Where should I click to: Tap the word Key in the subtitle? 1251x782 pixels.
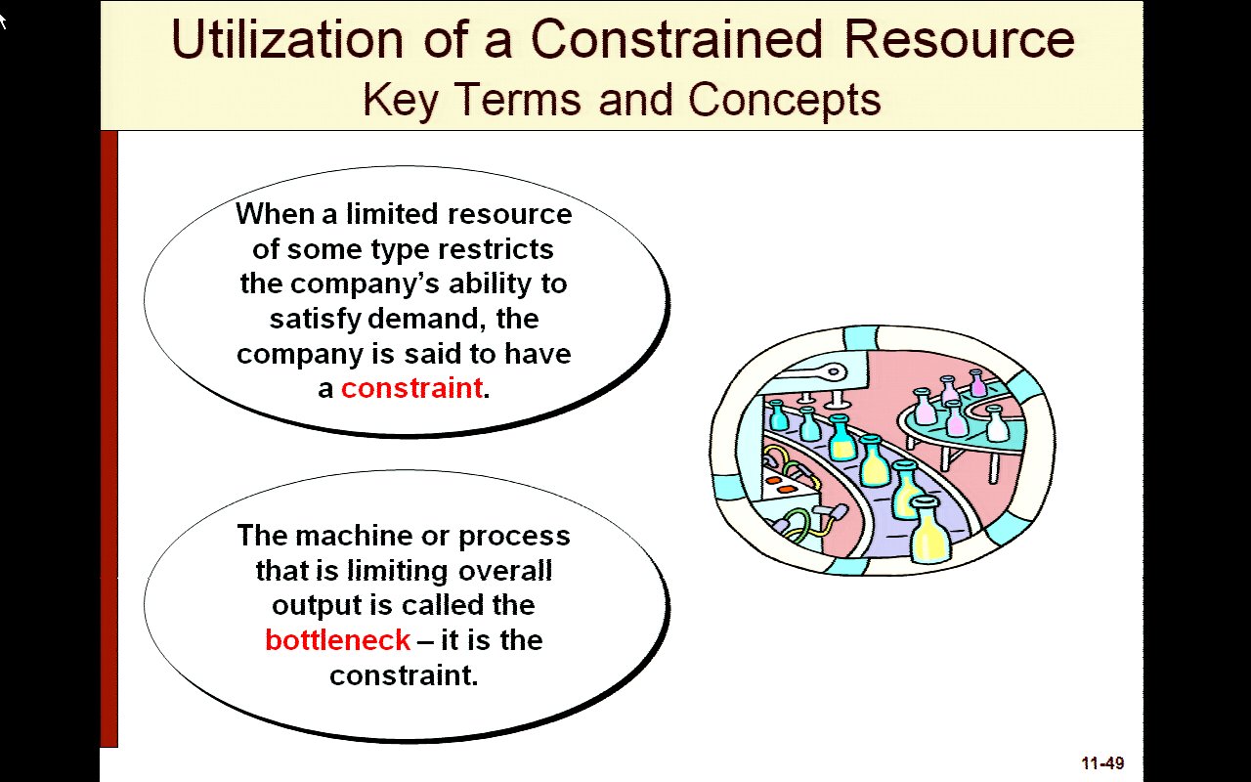coord(400,100)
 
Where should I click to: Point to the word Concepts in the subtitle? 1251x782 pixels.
coord(784,100)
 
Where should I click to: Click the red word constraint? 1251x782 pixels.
coord(411,388)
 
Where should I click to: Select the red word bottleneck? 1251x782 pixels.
coord(338,640)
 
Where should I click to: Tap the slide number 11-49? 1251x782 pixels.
coord(1103,763)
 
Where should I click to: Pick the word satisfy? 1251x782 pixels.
coord(316,320)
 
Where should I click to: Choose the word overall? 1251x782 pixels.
coord(505,571)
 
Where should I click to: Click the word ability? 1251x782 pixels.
coord(491,284)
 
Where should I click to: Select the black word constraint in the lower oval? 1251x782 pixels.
coord(404,675)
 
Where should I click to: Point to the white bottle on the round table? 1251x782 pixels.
coord(997,423)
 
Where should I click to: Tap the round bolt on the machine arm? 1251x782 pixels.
coord(834,371)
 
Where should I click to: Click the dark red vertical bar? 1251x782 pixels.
coord(108,439)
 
